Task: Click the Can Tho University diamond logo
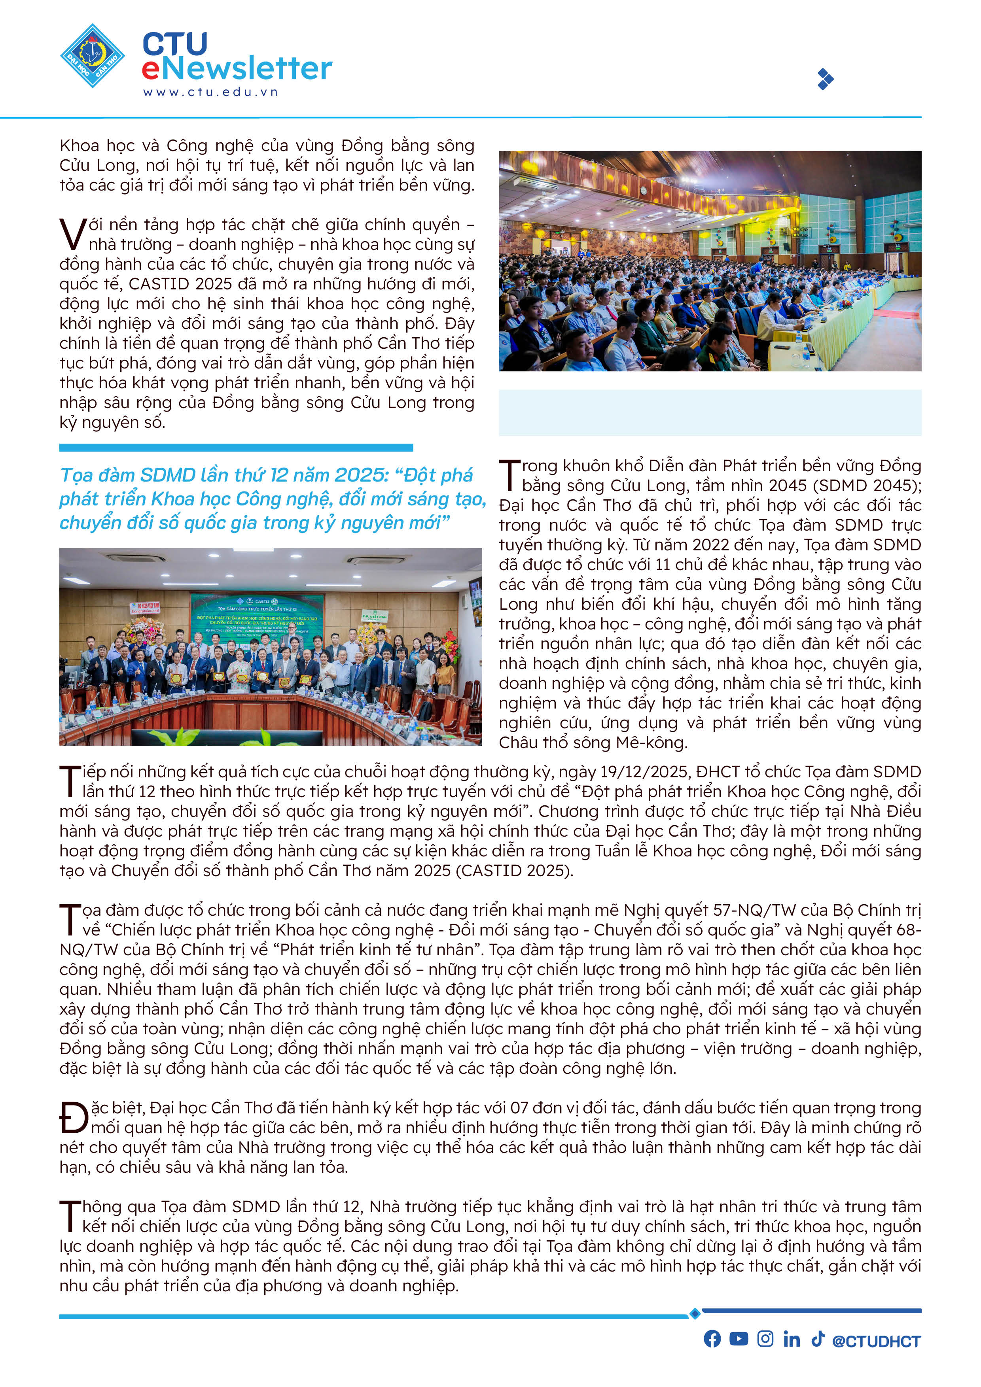(x=93, y=56)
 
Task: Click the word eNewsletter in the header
(x=237, y=68)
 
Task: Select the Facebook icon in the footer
(x=712, y=1339)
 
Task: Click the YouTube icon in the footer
(x=738, y=1339)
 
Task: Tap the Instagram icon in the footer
(x=765, y=1339)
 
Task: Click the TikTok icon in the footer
(x=817, y=1339)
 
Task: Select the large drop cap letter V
(x=72, y=234)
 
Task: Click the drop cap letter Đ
(x=74, y=1118)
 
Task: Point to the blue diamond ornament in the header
(x=825, y=79)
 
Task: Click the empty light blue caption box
(x=710, y=413)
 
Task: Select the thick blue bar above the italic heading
(x=236, y=448)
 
